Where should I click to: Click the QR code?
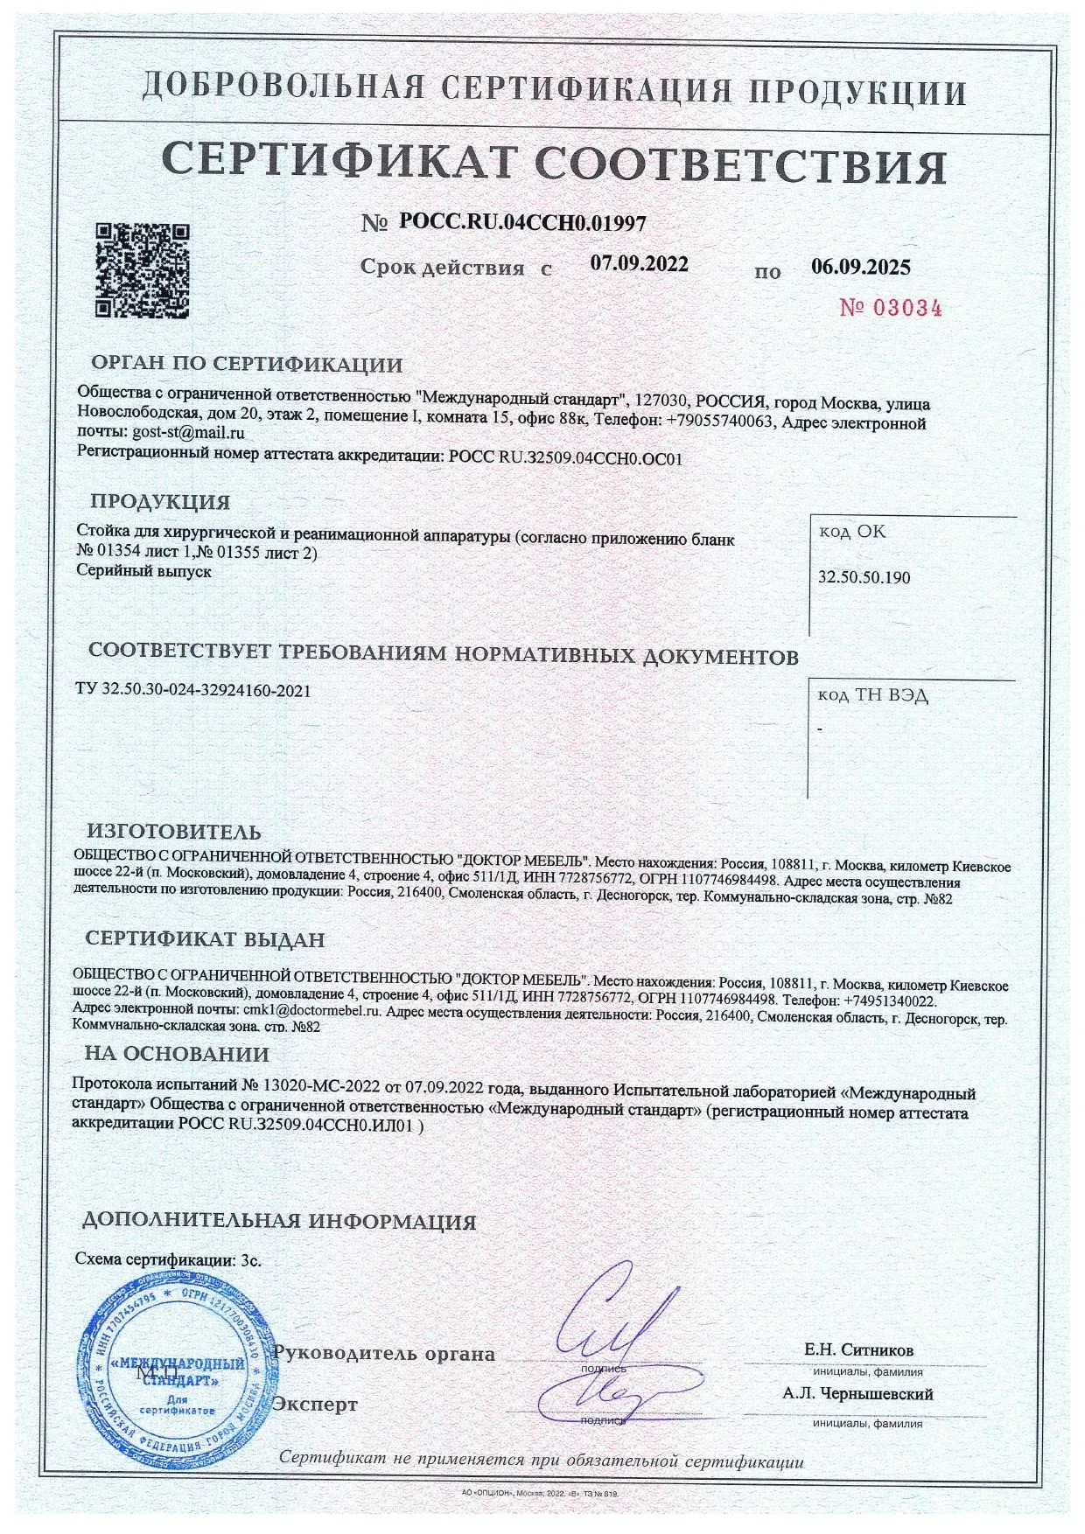[x=142, y=269]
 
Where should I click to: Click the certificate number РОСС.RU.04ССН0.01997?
[x=522, y=223]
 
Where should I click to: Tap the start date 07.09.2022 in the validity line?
[x=639, y=264]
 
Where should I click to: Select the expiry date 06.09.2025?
[x=860, y=268]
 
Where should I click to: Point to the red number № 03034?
[x=890, y=308]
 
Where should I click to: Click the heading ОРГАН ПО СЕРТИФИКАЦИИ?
[x=247, y=365]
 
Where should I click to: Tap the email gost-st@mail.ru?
[x=188, y=432]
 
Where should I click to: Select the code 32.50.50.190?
[x=864, y=578]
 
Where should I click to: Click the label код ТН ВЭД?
[x=873, y=696]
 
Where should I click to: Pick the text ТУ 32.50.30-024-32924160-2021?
[x=193, y=690]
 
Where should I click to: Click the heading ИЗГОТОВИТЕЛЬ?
[x=173, y=832]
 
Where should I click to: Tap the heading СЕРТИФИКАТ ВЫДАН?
[x=205, y=939]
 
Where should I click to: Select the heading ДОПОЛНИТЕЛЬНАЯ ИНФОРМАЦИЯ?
[x=279, y=1222]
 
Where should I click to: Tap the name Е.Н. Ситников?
[x=858, y=1349]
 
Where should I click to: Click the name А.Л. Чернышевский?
[x=857, y=1394]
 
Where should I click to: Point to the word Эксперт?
[x=315, y=1405]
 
